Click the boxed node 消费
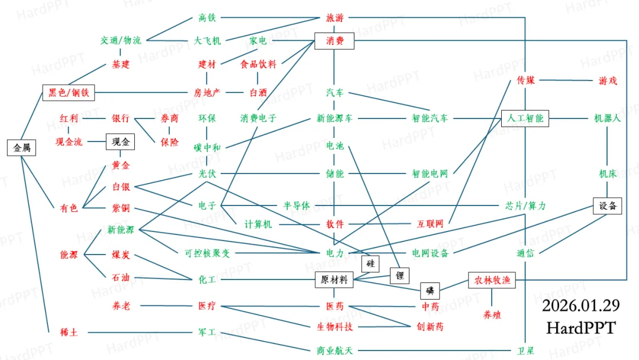pyautogui.click(x=334, y=41)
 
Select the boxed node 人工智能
pyautogui.click(x=525, y=118)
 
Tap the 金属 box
pyautogui.click(x=22, y=147)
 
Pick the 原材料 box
pyautogui.click(x=334, y=279)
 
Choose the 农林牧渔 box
pyautogui.click(x=492, y=280)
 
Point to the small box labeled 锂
pyautogui.click(x=399, y=275)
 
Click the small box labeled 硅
pyautogui.click(x=370, y=263)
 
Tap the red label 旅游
pyautogui.click(x=334, y=18)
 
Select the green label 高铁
pyautogui.click(x=206, y=18)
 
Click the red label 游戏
pyautogui.click(x=608, y=80)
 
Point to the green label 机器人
pyautogui.click(x=608, y=118)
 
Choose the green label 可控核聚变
pyautogui.click(x=207, y=253)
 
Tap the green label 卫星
pyautogui.click(x=525, y=351)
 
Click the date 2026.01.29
pyautogui.click(x=580, y=306)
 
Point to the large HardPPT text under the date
pyautogui.click(x=580, y=327)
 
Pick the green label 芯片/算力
pyautogui.click(x=525, y=205)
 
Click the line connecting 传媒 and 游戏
pyautogui.click(x=567, y=80)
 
